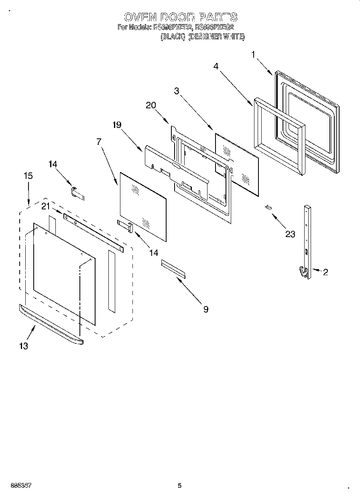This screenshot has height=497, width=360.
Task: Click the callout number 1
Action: [253, 54]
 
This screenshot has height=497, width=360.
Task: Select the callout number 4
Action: [216, 66]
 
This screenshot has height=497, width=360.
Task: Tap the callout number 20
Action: [151, 105]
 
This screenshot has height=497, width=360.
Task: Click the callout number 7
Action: [99, 141]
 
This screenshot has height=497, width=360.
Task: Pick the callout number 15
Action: [28, 176]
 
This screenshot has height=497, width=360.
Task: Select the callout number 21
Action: [45, 206]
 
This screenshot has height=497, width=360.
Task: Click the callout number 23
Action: [290, 234]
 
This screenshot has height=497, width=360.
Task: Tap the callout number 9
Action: [205, 309]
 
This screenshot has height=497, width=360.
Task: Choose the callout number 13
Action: [24, 345]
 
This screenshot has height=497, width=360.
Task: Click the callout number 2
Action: [325, 272]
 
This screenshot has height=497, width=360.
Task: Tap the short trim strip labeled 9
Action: [173, 268]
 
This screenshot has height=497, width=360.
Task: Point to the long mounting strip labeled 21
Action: [93, 233]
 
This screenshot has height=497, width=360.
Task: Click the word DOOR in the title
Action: [177, 17]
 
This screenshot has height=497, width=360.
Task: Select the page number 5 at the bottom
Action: [179, 486]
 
